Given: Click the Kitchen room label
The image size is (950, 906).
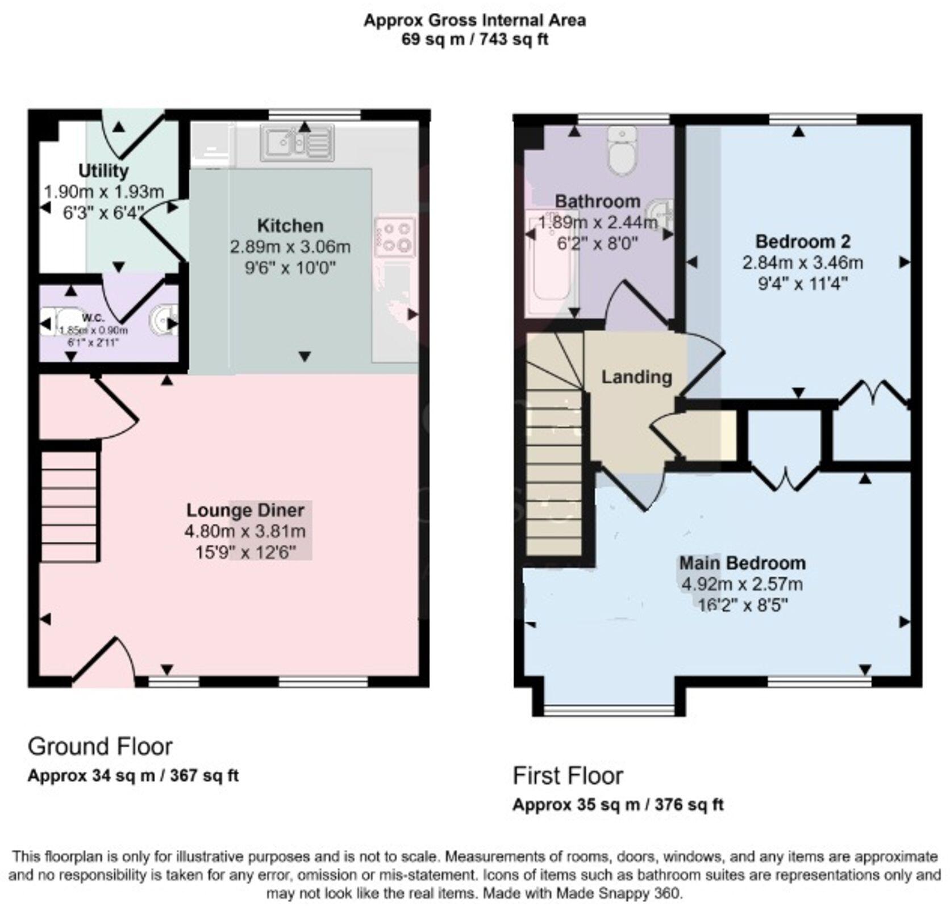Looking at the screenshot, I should click(x=290, y=226).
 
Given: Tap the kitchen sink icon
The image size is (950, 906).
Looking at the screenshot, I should click(x=297, y=143).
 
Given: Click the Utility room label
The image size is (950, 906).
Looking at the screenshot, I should click(x=103, y=170).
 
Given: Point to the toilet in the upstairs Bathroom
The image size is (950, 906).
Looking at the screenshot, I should click(x=622, y=149).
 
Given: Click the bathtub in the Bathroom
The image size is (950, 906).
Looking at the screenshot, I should click(x=551, y=262).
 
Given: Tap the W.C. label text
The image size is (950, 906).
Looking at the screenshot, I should click(x=93, y=318).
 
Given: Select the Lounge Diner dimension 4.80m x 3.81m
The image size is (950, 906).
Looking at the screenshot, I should click(x=245, y=532).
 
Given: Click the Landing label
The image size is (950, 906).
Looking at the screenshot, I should click(x=636, y=377).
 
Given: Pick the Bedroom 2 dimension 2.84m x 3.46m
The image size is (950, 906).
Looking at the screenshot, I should click(x=802, y=263).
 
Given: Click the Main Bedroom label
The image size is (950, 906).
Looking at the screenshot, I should click(x=742, y=563).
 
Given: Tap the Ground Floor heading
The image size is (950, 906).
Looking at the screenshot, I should click(x=100, y=746).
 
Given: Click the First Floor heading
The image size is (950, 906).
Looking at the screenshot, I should click(x=568, y=775).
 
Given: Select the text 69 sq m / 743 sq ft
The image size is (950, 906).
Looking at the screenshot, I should click(x=474, y=40).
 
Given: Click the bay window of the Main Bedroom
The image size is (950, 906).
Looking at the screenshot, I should click(x=609, y=708).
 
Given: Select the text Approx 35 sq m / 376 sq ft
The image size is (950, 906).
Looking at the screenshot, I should click(x=618, y=805).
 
